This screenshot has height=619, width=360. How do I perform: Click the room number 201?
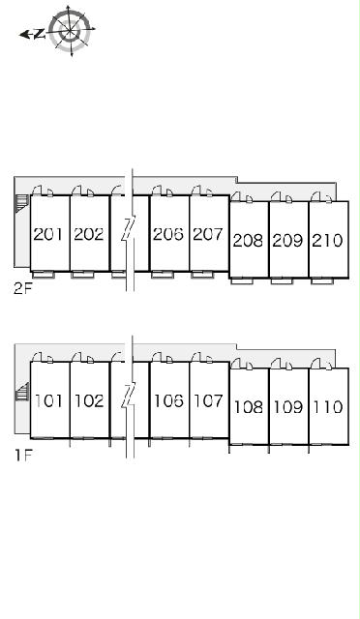pos(47,234)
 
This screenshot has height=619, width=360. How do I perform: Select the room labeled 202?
pos(88,234)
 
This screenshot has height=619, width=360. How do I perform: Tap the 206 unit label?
pos(168,234)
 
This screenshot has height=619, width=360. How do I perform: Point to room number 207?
pos(208,234)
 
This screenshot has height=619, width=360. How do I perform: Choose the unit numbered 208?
pos(248,240)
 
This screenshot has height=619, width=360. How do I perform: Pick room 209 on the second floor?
pos(288,240)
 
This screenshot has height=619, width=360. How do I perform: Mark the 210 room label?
pos(328,240)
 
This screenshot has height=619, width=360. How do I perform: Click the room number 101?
pos(49,401)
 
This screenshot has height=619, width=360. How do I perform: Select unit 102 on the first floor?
pos(89,401)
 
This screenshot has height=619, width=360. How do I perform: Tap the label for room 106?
pos(168,401)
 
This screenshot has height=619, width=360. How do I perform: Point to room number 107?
pos(209,401)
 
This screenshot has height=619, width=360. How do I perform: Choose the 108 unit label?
pos(249,407)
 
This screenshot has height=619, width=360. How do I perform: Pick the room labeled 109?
pos(288,407)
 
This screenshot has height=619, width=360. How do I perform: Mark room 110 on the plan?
pos(328,407)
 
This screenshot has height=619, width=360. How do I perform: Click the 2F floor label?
pos(22,288)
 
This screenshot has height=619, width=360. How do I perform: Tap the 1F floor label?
pos(23,456)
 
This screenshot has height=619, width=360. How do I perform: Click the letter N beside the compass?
pos(39,35)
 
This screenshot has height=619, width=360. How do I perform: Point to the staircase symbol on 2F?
pos(22,203)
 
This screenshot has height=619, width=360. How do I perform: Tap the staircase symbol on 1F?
pos(22,392)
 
